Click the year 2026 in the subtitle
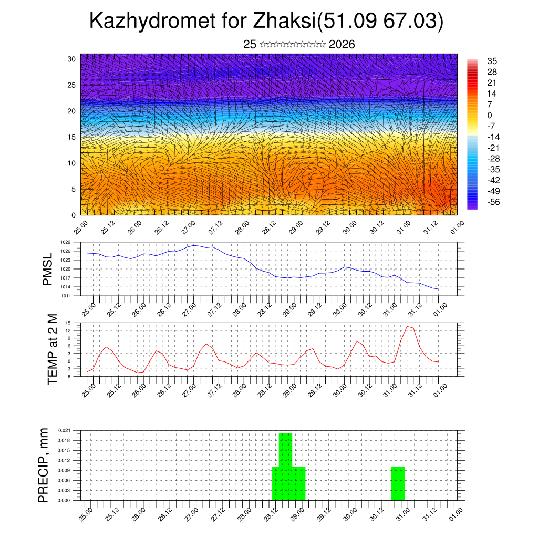click(x=342, y=45)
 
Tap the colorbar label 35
click(x=492, y=61)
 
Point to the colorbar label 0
click(x=489, y=115)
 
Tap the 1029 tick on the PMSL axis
click(x=65, y=242)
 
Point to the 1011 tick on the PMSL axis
click(x=65, y=296)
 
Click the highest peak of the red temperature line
click(x=407, y=326)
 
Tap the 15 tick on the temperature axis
click(x=68, y=323)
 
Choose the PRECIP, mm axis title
click(x=44, y=465)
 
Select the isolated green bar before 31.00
click(x=398, y=483)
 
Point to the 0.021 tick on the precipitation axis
click(x=64, y=430)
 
